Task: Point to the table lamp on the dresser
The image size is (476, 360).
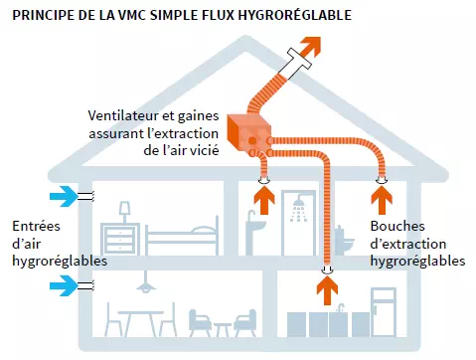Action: click(x=126, y=212)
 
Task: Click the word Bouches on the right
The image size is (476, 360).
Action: click(x=395, y=225)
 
